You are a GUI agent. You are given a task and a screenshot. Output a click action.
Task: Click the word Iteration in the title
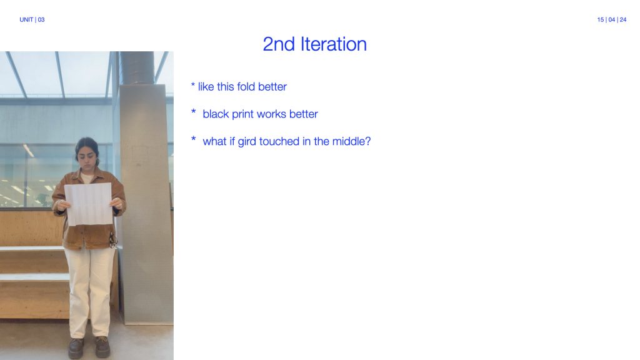coord(334,44)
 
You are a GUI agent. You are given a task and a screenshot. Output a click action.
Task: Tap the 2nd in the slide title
coord(279,44)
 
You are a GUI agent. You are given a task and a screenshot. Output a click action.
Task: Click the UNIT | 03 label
coord(32,19)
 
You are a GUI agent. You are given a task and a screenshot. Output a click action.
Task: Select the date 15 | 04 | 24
coord(611,19)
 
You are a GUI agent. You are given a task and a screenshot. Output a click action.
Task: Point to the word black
coord(216,114)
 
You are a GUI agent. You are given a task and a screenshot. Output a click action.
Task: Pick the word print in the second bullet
coord(242,115)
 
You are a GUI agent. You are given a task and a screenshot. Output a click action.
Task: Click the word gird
coord(247,142)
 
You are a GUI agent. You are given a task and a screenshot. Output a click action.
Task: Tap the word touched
coord(279,141)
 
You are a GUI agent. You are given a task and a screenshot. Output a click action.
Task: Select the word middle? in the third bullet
coord(351,141)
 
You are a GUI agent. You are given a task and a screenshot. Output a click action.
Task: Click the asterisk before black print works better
coord(194,111)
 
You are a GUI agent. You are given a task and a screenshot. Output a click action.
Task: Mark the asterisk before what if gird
coord(194,139)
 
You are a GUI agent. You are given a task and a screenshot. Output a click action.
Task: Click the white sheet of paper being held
coord(89,204)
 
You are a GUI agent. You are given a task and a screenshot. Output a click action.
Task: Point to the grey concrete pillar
coord(146,204)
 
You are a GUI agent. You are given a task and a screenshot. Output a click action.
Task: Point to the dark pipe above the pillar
coord(137,67)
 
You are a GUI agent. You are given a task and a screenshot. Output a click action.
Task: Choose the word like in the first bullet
coord(206,86)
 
